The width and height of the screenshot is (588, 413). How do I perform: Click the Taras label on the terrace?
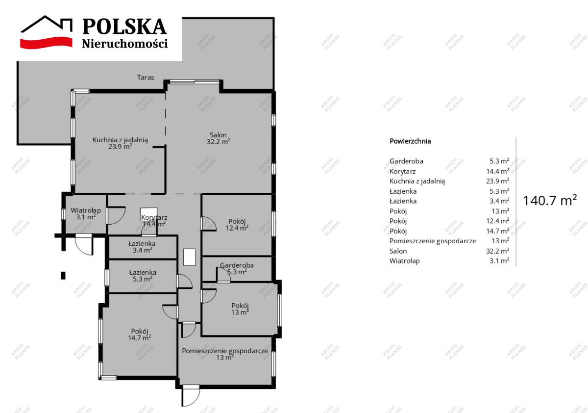coord(146,77)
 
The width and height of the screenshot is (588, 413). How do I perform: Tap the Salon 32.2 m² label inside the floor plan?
coord(219,138)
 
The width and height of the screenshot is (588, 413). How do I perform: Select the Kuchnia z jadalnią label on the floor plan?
coord(121,143)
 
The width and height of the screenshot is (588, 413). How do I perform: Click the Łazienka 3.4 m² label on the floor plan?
coord(142,246)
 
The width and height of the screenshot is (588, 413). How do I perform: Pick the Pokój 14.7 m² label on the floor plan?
coord(140,334)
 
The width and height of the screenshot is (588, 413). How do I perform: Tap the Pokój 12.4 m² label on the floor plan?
coord(237,224)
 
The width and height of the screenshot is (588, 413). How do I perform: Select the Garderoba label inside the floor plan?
coord(237,268)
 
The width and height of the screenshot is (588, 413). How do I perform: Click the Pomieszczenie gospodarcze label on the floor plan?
coord(225,354)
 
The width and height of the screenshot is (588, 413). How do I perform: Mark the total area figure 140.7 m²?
coord(549,200)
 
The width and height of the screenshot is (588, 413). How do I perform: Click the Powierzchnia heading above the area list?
coord(410,141)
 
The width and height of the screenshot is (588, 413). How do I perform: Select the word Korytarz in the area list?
coord(402,171)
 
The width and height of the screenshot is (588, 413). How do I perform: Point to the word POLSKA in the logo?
coord(124,26)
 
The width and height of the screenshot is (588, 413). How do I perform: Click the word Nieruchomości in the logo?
coord(124,44)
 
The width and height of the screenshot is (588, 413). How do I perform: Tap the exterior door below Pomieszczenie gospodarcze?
coord(191,395)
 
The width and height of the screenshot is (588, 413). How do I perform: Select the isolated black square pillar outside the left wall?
coord(63,275)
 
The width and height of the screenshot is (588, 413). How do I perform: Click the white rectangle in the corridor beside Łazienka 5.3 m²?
coord(190,258)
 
